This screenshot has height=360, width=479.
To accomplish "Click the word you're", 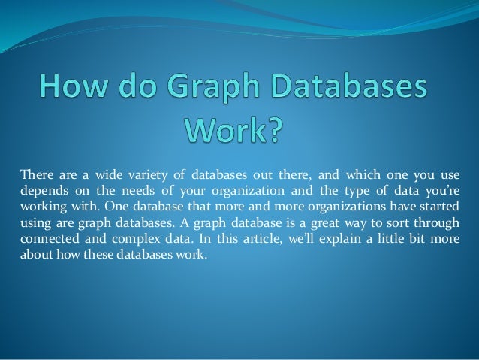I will tap(444, 191).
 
